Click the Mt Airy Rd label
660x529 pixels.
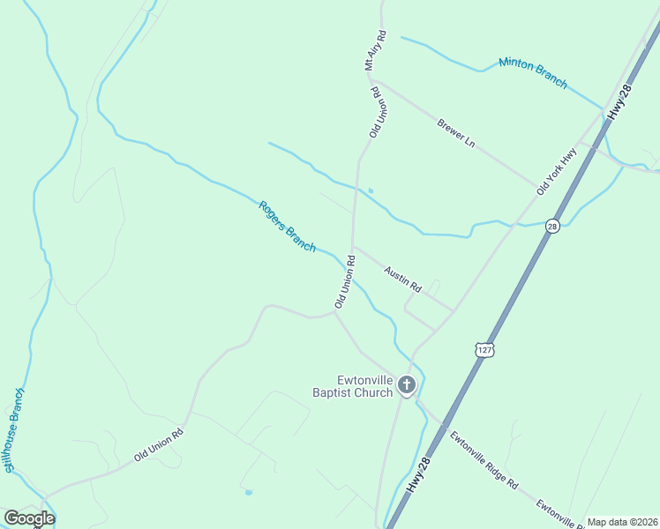376,51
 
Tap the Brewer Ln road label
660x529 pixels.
456,132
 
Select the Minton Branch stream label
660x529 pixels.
533,72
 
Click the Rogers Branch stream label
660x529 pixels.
287,227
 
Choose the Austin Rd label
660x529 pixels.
403,280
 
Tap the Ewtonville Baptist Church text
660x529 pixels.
352,386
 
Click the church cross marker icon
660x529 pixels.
407,384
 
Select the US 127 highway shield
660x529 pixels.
484,349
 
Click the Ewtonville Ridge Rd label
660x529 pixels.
484,461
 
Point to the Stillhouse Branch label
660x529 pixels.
12,429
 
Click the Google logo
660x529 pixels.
29,518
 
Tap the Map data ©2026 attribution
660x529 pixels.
622,522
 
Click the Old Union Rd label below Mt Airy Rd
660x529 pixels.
375,111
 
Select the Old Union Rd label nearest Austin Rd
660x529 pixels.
345,282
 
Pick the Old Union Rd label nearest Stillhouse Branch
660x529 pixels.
159,445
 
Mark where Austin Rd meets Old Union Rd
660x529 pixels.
353,248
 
